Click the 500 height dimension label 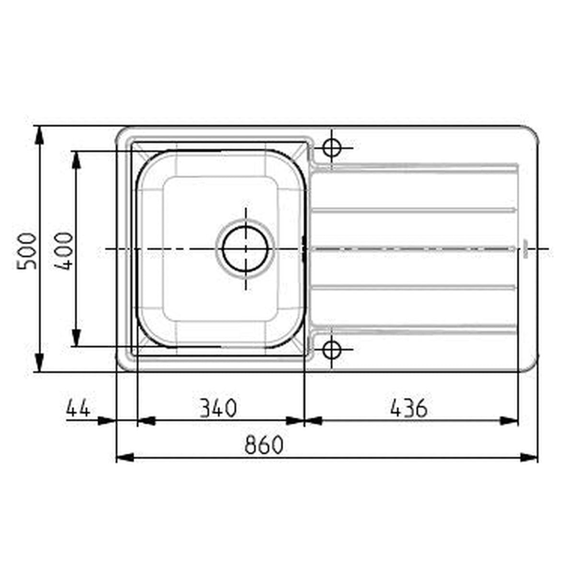click(26, 250)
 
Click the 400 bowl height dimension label click(63, 250)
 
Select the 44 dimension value click(78, 408)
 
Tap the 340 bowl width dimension click(218, 408)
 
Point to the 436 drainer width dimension click(408, 408)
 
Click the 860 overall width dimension click(264, 445)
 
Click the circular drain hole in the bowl click(245, 248)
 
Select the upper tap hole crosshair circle click(331, 147)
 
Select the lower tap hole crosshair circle click(331, 349)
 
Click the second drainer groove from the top click(413, 210)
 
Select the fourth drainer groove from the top click(413, 287)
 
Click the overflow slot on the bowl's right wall click(303, 248)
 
